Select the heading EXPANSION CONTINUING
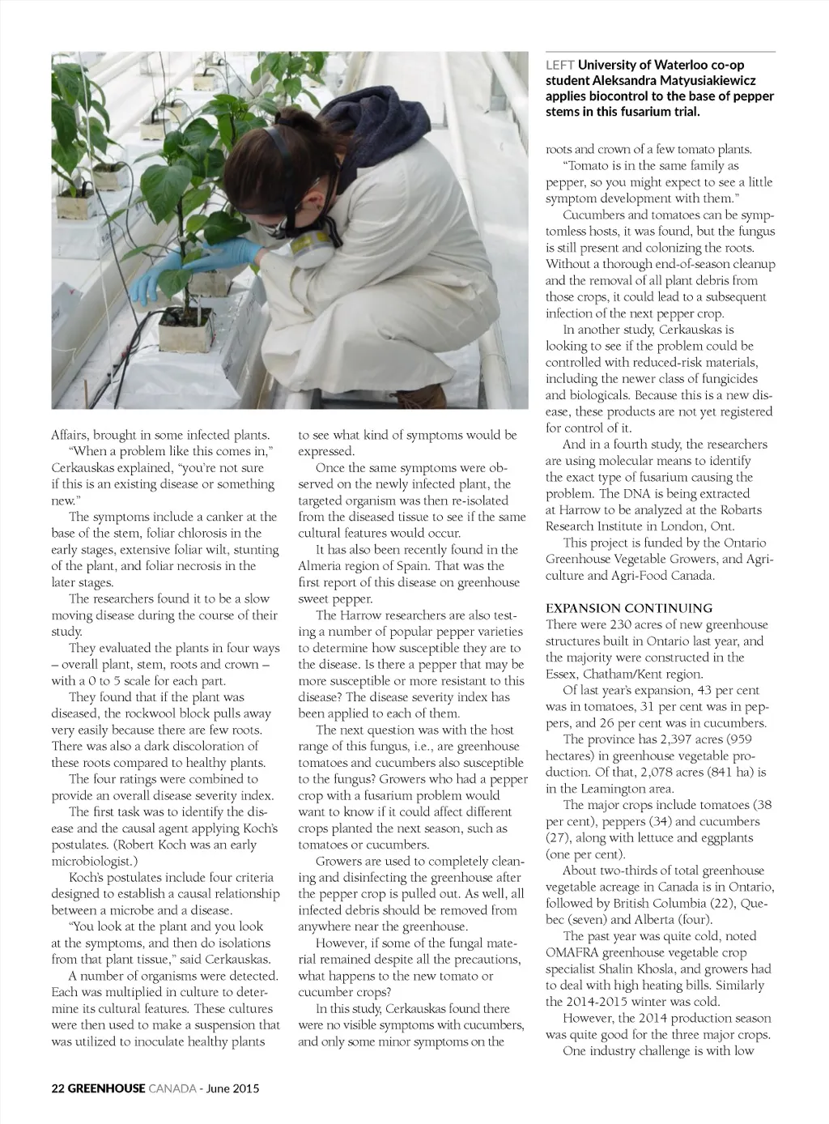pos(629,607)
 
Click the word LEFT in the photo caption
pos(560,65)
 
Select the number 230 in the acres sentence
pos(622,624)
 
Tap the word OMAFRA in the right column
pos(572,952)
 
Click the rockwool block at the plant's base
pos(187,327)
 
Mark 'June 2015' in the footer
pos(232,1088)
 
